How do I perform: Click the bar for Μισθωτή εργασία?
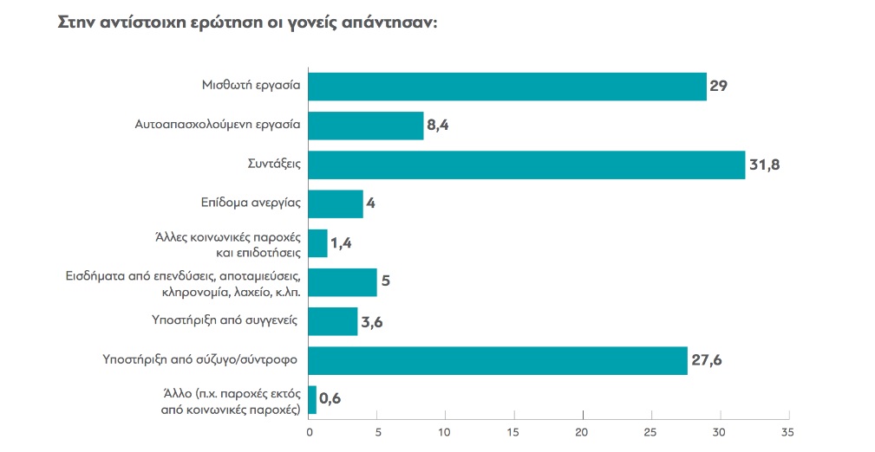(x=507, y=87)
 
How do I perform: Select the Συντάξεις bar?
(x=526, y=165)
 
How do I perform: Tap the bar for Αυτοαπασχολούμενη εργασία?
(x=366, y=126)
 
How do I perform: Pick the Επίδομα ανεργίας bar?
(x=336, y=204)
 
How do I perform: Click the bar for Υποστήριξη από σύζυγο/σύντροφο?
(x=498, y=360)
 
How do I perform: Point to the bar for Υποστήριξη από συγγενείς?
(x=333, y=321)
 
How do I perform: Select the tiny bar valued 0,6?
(x=312, y=399)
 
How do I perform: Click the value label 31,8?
(x=766, y=165)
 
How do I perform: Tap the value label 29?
(x=718, y=87)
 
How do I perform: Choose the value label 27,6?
(x=708, y=360)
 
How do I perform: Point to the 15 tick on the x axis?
(x=513, y=432)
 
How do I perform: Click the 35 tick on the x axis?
(x=787, y=432)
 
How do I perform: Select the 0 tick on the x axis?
(x=309, y=432)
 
